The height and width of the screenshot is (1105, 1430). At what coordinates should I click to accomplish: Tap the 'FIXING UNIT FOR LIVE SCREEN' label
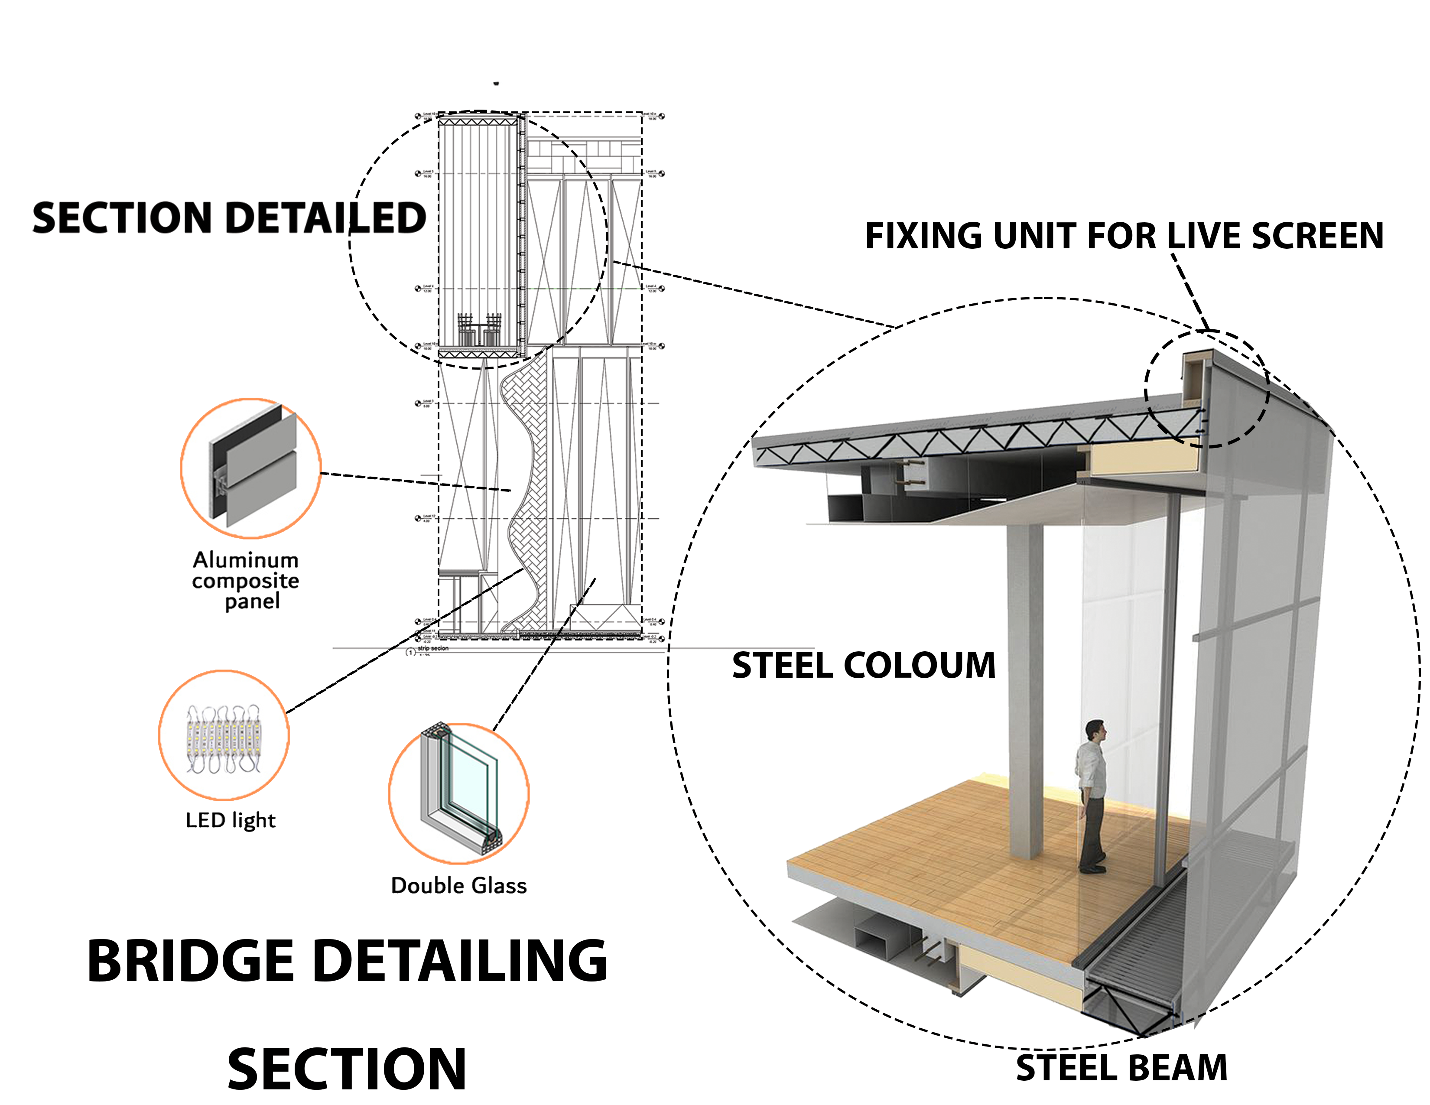[1124, 236]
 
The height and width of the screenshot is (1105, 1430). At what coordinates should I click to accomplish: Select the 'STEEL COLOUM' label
[863, 665]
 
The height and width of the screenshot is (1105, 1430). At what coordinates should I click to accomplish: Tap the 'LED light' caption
[231, 820]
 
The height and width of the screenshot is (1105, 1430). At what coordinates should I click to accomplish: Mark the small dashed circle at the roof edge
[1207, 389]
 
